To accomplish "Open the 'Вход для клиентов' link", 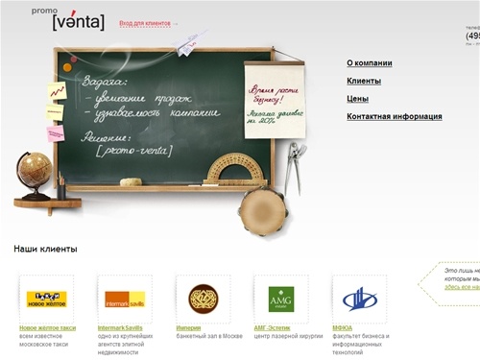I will pos(146,23).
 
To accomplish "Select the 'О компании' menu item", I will pos(369,63).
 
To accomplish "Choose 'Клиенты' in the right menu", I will pos(364,82).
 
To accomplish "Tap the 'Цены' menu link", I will pos(358,99).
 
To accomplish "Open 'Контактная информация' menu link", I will pos(394,116).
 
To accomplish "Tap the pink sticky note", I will pos(56,133).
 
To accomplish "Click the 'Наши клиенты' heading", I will pos(45,249).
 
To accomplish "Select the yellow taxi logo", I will pos(44,299).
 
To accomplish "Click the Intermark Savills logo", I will pos(125,299).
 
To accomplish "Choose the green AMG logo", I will pos(281,299).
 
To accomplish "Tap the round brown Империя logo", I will pos(203,299).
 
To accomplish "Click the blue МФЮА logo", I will pos(359,299).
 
